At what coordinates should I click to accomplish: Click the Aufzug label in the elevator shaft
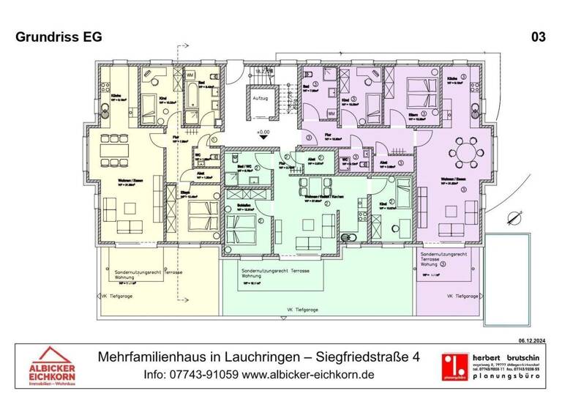pyautogui.click(x=260, y=97)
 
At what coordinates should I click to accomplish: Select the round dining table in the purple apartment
pyautogui.click(x=465, y=152)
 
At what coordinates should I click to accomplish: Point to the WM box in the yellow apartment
pyautogui.click(x=189, y=75)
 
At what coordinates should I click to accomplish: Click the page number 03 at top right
pyautogui.click(x=538, y=37)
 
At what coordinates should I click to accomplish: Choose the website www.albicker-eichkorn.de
pyautogui.click(x=308, y=374)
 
